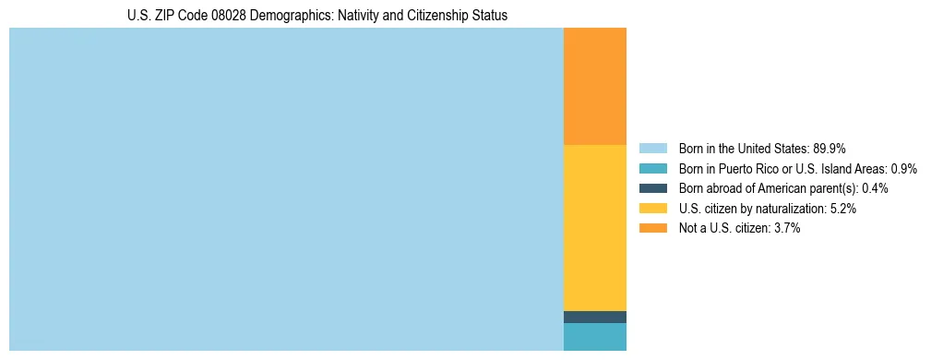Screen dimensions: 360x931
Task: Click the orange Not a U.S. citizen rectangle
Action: click(594, 86)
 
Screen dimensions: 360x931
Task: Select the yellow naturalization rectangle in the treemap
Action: click(594, 227)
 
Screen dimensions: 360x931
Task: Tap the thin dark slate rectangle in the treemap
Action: click(594, 317)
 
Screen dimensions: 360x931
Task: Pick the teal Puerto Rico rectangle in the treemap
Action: click(594, 337)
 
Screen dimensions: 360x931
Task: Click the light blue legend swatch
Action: click(652, 148)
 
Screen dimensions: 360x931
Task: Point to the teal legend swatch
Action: click(652, 168)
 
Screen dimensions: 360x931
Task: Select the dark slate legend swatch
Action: click(652, 188)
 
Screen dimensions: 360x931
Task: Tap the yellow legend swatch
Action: click(652, 209)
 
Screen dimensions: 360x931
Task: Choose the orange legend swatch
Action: click(652, 228)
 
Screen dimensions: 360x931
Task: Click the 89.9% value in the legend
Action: click(830, 148)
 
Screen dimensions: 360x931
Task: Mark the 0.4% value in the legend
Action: click(875, 188)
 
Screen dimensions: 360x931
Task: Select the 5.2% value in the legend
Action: click(843, 209)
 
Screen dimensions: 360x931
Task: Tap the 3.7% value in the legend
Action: click(787, 228)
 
